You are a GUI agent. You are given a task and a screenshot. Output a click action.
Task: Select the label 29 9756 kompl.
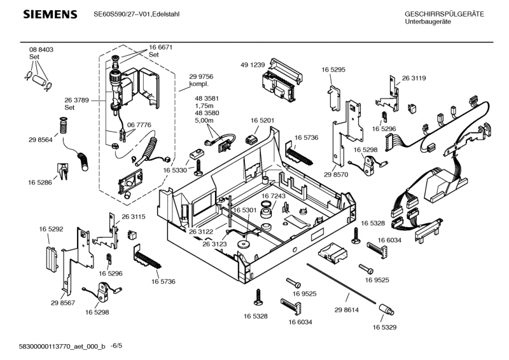pos(201,80)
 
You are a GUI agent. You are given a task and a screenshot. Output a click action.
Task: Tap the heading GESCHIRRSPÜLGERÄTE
pos(445,15)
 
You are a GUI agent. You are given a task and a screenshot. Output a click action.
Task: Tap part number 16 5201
pos(262,120)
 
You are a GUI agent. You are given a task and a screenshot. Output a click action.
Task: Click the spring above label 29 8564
pos(63,125)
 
